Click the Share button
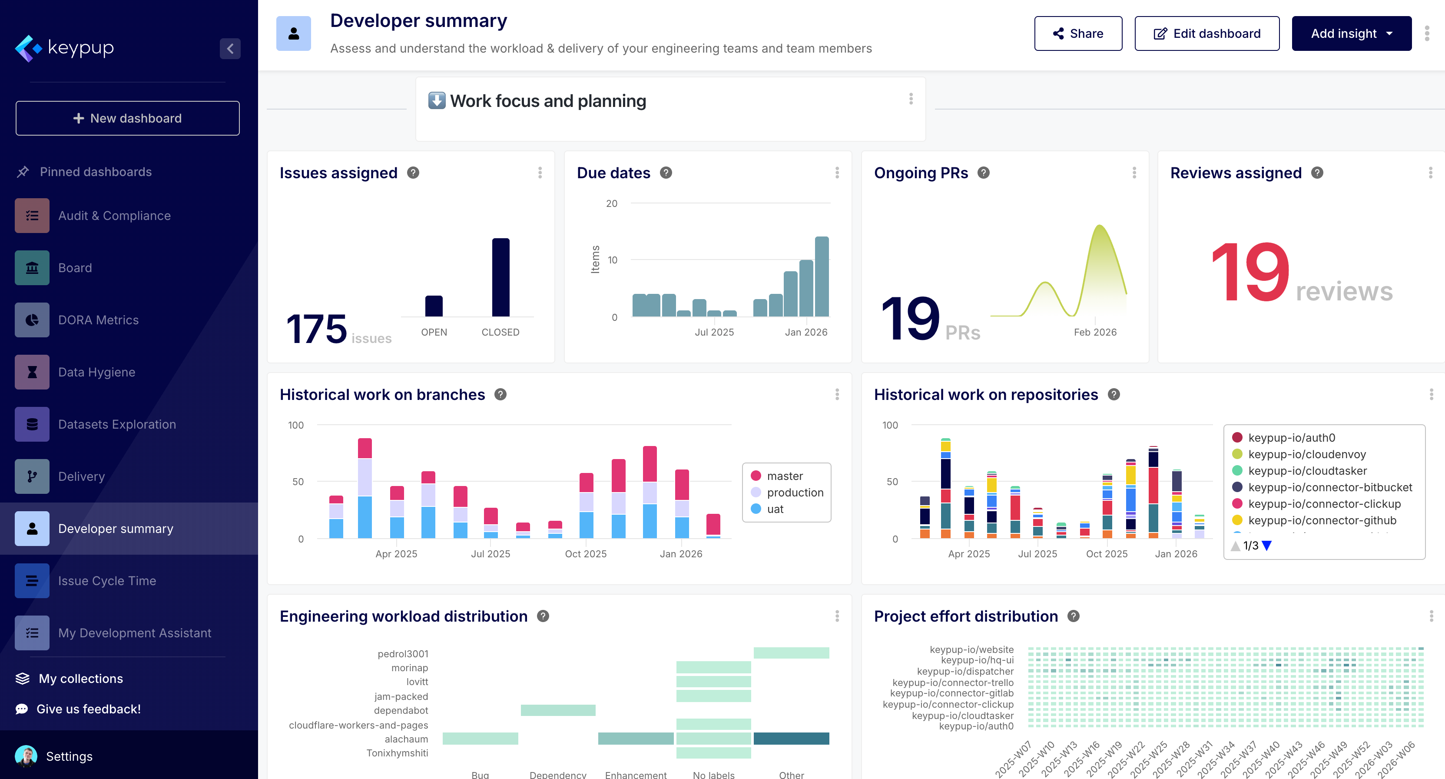[x=1077, y=33]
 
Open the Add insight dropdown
[x=1351, y=33]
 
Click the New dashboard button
[x=127, y=118]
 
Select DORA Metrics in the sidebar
[x=98, y=320]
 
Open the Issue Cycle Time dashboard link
[x=106, y=581]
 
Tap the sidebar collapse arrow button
[x=230, y=49]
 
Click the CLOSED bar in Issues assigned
[x=500, y=277]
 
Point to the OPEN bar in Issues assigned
[x=434, y=306]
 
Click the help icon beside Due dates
[x=666, y=173]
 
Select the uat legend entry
[x=775, y=509]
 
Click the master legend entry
[x=784, y=476]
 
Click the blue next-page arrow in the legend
[x=1266, y=546]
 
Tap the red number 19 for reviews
[x=1250, y=272]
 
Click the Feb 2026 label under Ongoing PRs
[x=1095, y=332]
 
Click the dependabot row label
[x=401, y=710]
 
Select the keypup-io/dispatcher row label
[x=965, y=671]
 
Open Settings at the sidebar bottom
[x=69, y=756]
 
